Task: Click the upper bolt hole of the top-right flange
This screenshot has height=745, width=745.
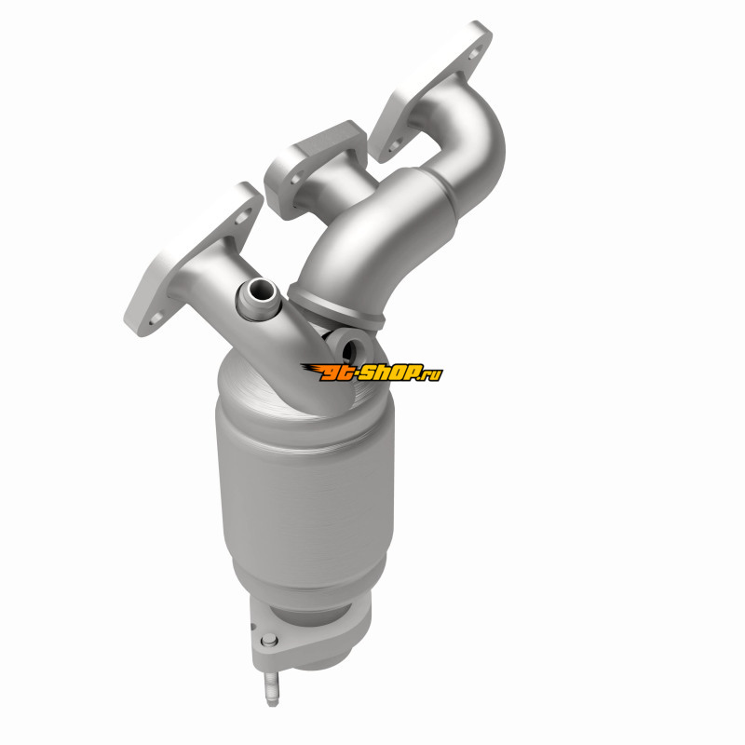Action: pos(474,53)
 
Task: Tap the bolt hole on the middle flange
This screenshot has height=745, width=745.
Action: pos(295,179)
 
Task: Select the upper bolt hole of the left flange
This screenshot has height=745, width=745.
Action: pos(242,217)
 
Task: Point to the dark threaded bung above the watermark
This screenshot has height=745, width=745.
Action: pos(348,348)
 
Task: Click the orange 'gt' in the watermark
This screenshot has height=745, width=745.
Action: pos(336,373)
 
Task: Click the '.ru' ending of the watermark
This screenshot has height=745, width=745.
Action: pos(431,375)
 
